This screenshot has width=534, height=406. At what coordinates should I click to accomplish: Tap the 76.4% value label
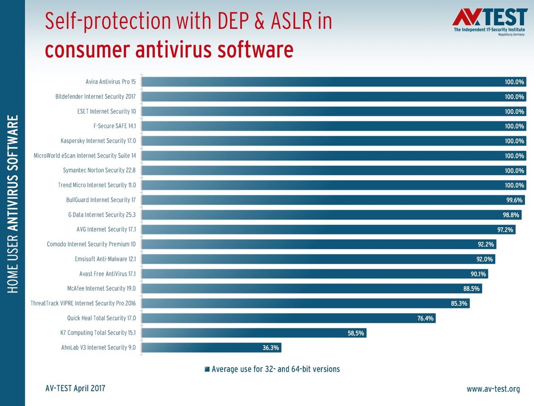pos(425,318)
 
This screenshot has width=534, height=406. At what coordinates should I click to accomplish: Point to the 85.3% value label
pos(459,303)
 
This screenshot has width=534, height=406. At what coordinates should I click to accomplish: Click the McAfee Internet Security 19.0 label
pos(102,288)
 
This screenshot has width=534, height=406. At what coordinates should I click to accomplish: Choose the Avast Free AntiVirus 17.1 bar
pos(315,274)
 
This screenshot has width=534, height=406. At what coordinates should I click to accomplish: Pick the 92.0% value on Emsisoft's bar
pos(484,259)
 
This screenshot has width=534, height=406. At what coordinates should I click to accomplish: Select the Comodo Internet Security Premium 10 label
pos(91,244)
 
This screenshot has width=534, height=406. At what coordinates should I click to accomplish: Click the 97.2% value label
pos(505,229)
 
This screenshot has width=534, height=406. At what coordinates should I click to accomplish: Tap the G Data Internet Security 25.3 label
pos(102,215)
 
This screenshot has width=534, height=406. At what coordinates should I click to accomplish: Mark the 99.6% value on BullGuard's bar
pos(514,200)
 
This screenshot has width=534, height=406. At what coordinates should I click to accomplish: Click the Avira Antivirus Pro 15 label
pos(111,82)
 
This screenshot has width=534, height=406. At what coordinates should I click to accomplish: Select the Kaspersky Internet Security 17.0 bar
pos(334,141)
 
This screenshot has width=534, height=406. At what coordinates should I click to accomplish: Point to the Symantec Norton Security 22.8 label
pos(99,170)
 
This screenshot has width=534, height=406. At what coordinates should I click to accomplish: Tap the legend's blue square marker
pos(207,369)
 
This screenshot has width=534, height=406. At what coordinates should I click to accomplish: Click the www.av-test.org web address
pos(493,389)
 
